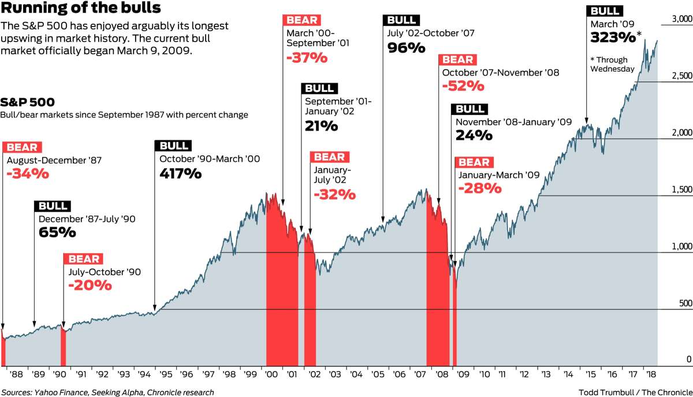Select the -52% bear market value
click(x=463, y=86)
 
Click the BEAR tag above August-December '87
click(x=22, y=147)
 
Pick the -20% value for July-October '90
click(x=89, y=285)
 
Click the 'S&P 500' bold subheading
click(x=28, y=102)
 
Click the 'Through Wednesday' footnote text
click(x=612, y=64)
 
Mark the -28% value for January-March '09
click(x=479, y=189)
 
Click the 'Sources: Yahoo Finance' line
click(x=107, y=392)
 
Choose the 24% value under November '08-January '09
click(x=474, y=136)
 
